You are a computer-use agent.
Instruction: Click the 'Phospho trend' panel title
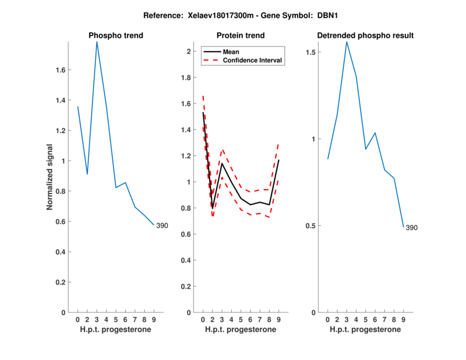116,36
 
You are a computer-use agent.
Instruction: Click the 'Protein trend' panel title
241,36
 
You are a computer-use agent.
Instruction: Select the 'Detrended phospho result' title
365,36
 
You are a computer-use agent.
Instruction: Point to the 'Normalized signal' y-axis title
50,177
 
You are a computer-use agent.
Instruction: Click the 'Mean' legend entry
231,52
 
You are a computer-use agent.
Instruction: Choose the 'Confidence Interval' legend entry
253,60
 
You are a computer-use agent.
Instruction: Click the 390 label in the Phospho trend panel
161,225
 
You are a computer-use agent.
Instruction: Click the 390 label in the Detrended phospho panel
411,228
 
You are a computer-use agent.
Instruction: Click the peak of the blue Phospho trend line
97,42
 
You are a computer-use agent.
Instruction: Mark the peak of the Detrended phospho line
347,42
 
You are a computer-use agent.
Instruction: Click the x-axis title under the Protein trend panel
241,330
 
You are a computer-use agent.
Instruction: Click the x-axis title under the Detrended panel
365,330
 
